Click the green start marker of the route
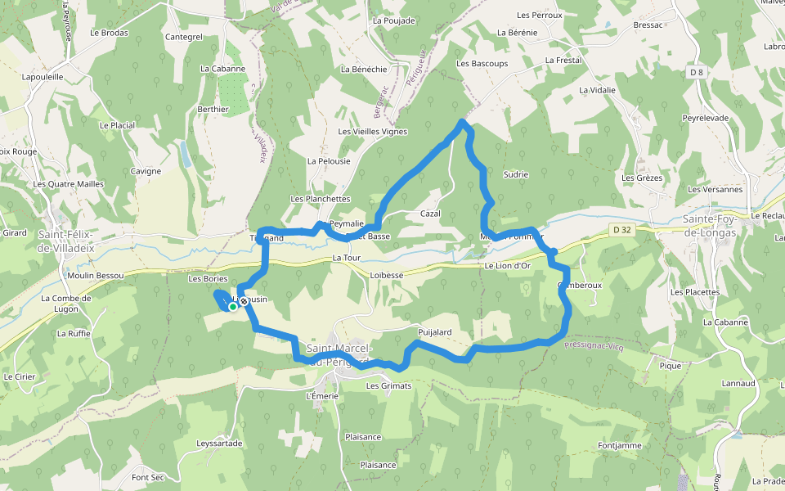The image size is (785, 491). click(233, 307)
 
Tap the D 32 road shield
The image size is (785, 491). click(621, 231)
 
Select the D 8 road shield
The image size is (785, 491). click(696, 73)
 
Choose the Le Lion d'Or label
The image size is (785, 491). click(507, 266)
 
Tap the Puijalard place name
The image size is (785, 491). click(434, 332)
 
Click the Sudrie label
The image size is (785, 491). click(516, 174)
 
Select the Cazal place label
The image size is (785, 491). click(430, 214)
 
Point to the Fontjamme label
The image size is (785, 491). click(619, 445)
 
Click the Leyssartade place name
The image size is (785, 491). click(219, 443)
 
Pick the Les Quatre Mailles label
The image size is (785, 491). click(69, 184)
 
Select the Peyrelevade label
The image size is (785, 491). click(705, 118)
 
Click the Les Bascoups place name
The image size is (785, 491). click(482, 63)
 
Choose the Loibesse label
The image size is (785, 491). click(387, 276)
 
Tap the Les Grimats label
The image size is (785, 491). click(388, 385)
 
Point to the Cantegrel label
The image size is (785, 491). click(183, 37)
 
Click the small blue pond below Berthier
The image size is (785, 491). click(185, 154)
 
